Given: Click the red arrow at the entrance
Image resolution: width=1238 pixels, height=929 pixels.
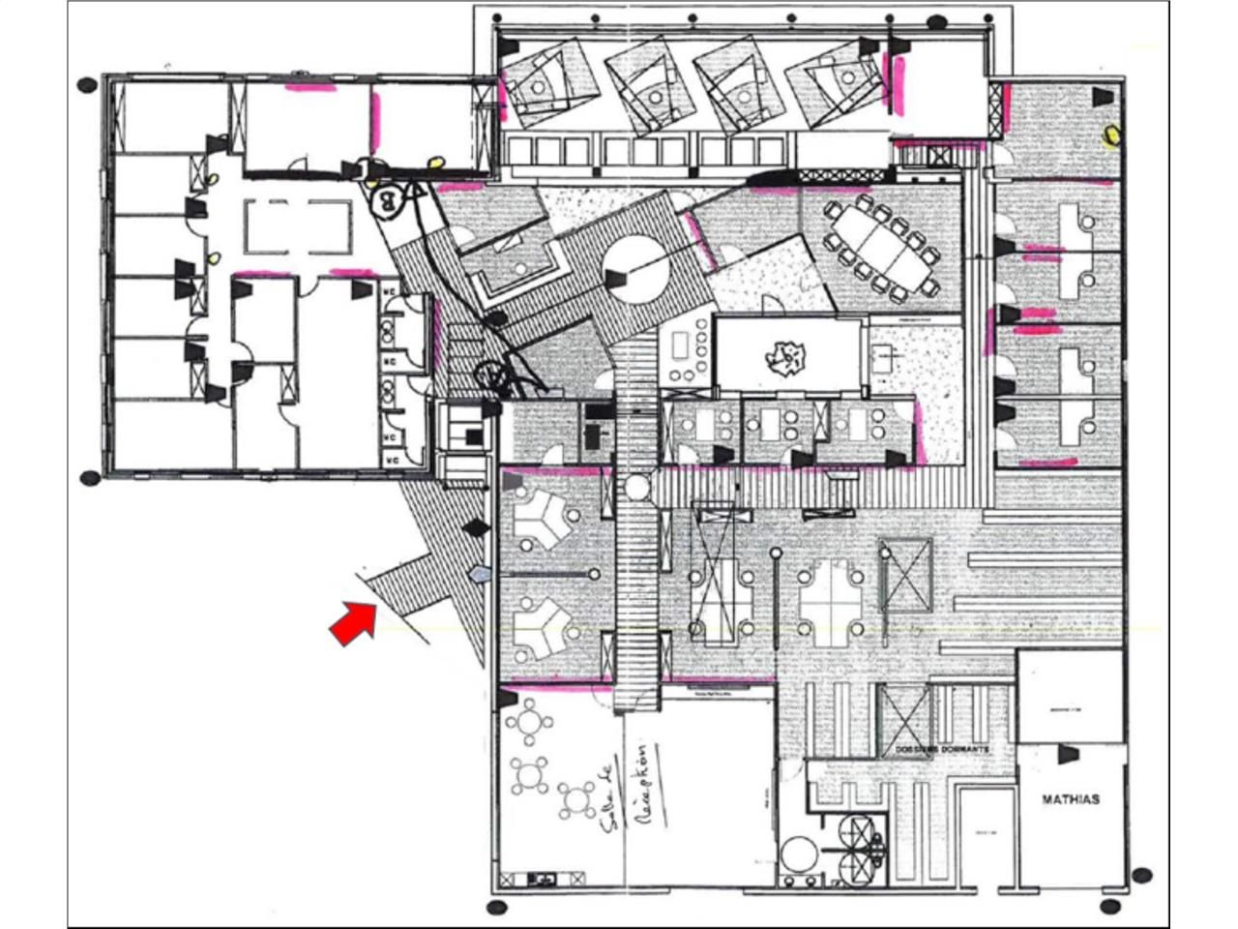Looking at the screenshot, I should [352, 620].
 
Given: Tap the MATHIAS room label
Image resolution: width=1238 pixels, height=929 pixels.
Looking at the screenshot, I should [1071, 799].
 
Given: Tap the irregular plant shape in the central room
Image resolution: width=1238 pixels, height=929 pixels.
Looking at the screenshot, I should [785, 358].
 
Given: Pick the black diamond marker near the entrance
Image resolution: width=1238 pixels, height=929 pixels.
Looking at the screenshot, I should [474, 528].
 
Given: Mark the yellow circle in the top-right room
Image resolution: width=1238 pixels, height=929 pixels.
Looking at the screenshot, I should [1113, 135].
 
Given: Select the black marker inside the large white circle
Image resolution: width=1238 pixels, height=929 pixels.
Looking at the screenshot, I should [614, 279].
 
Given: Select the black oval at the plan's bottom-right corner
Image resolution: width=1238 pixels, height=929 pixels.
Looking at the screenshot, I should [1111, 907].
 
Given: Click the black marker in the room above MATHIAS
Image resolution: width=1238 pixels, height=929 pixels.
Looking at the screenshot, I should [1068, 754].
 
